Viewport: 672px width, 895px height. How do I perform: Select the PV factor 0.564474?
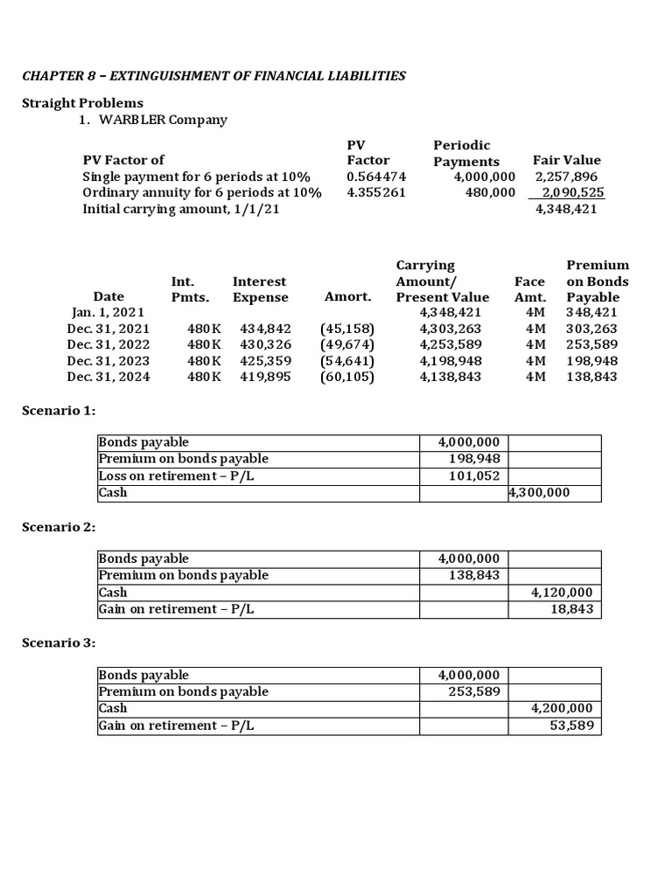tap(376, 177)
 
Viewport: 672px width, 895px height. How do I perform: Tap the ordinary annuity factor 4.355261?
tap(376, 192)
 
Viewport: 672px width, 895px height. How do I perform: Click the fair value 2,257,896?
tap(566, 177)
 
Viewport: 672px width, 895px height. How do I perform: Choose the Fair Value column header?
tap(566, 160)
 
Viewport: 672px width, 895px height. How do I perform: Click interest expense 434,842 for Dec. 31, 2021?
tap(260, 329)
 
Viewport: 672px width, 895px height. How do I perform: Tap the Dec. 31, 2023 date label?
tap(108, 361)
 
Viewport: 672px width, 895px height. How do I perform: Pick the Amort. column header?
tap(347, 297)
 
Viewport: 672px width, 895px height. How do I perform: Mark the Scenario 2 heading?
tap(58, 527)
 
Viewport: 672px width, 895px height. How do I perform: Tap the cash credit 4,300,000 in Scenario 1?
tap(539, 493)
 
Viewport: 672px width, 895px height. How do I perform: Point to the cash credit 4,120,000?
tap(563, 592)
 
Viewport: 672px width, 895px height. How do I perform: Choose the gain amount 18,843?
tap(572, 608)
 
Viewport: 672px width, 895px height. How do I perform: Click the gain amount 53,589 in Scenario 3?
tap(572, 725)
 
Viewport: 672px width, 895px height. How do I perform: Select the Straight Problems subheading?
tap(82, 103)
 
